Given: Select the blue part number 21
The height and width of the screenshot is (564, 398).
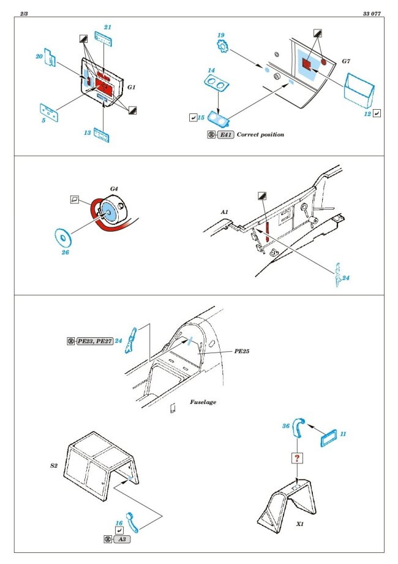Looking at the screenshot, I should tap(107, 28).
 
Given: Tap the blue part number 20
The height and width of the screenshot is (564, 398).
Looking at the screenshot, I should tap(39, 56).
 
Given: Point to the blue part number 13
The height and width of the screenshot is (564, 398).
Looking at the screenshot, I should tap(88, 131).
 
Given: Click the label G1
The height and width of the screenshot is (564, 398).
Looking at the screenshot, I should tap(132, 88).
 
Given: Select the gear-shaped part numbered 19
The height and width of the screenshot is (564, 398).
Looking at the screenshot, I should tap(221, 47).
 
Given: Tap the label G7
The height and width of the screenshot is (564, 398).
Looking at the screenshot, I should tap(346, 61).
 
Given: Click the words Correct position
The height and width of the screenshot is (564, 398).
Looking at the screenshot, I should tap(260, 134).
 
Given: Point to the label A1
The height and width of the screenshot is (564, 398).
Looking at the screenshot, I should tap(225, 211).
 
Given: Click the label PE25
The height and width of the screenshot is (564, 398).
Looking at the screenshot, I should tap(225, 353).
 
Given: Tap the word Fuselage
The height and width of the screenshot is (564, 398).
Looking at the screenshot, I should tap(203, 402).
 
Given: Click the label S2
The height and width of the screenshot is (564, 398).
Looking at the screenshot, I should tap(53, 465).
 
